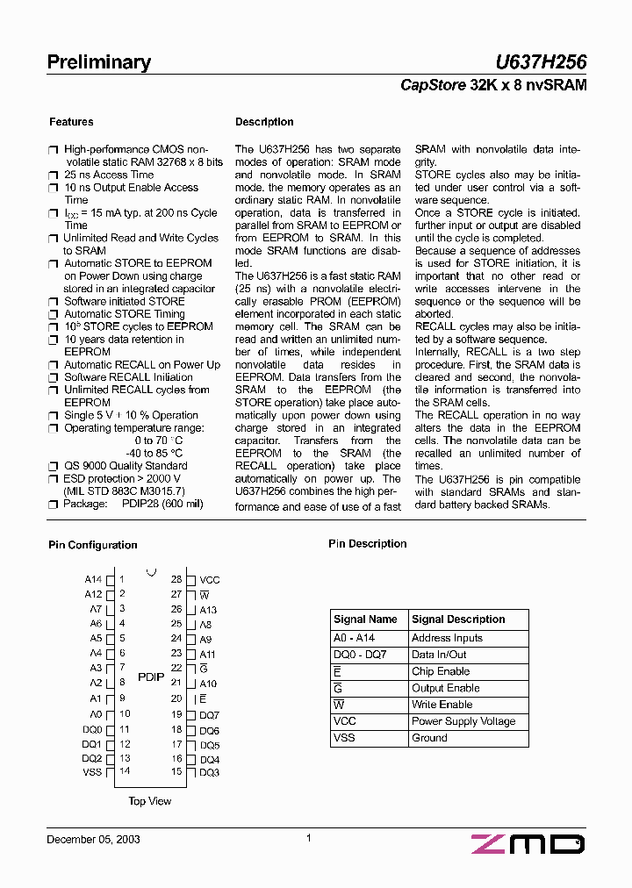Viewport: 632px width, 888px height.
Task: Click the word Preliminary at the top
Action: point(98,62)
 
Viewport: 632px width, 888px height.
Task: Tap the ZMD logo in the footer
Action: point(528,844)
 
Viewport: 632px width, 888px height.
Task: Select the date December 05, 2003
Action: point(93,839)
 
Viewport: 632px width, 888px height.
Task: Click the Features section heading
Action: point(71,122)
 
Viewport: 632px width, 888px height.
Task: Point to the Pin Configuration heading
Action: point(92,545)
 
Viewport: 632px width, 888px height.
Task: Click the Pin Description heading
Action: point(367,544)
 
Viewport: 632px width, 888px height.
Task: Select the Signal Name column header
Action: point(365,619)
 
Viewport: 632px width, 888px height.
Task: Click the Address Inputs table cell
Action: point(447,638)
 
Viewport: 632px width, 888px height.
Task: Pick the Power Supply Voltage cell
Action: point(463,721)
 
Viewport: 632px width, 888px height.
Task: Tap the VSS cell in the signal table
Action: point(344,738)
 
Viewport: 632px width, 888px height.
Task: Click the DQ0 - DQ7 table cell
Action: point(360,655)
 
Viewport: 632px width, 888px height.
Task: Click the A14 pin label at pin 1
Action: point(93,580)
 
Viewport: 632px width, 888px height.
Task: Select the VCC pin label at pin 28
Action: point(210,580)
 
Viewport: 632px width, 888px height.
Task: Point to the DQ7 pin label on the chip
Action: point(209,715)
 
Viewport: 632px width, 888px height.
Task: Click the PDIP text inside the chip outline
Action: point(151,677)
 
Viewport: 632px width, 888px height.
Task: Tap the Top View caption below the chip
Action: point(150,801)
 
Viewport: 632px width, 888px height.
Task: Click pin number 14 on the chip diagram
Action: point(125,771)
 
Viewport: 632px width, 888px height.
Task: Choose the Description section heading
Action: point(264,122)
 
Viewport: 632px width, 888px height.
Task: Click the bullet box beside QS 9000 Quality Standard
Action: point(54,466)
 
